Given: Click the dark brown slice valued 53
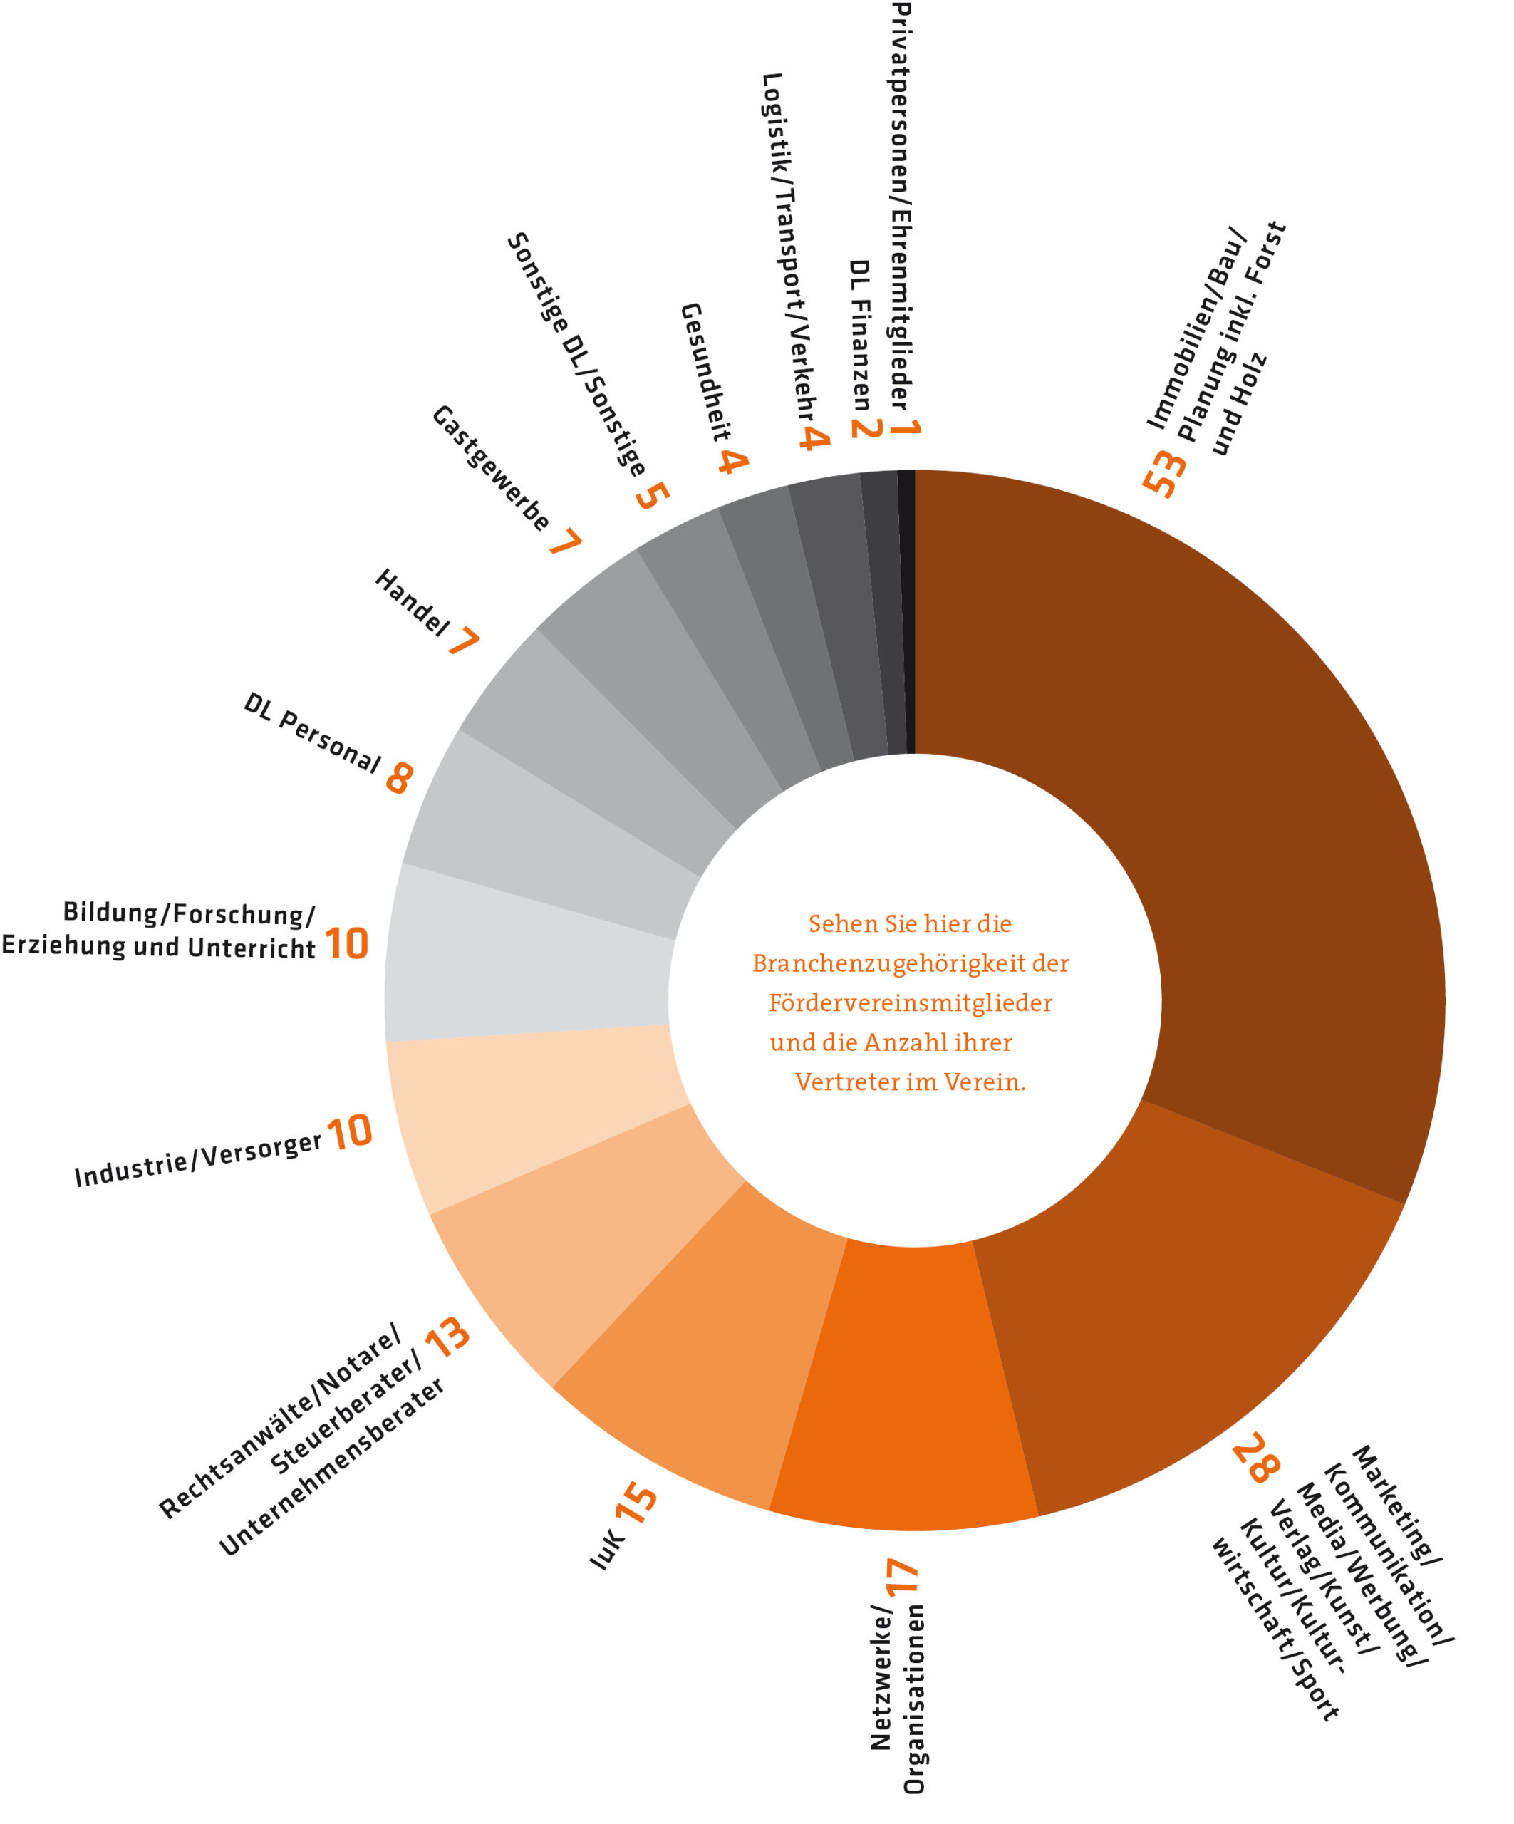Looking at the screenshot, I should tap(1216, 825).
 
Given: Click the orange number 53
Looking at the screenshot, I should tap(1165, 473).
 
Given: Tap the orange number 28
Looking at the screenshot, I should tap(1256, 1458).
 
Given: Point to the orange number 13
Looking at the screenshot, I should tap(448, 1337).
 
